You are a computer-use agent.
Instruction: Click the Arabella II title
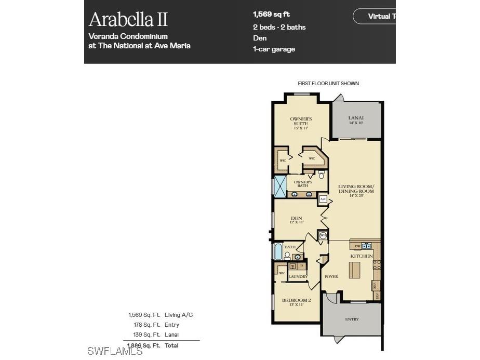(128, 19)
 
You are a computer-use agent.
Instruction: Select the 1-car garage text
(274, 49)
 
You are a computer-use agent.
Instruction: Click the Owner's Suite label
(301, 122)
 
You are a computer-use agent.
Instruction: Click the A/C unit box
(323, 199)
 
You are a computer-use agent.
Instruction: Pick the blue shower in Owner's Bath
(280, 187)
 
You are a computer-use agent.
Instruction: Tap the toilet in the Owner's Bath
(322, 175)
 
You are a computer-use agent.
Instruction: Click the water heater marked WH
(322, 235)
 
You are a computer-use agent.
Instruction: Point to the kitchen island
(354, 270)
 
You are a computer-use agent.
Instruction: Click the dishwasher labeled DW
(357, 246)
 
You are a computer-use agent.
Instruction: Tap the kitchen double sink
(367, 246)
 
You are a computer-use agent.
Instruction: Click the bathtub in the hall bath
(278, 252)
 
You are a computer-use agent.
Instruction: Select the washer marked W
(292, 266)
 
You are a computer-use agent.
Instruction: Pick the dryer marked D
(301, 266)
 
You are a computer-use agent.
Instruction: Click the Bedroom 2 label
(296, 302)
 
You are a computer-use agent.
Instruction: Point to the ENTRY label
(352, 319)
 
